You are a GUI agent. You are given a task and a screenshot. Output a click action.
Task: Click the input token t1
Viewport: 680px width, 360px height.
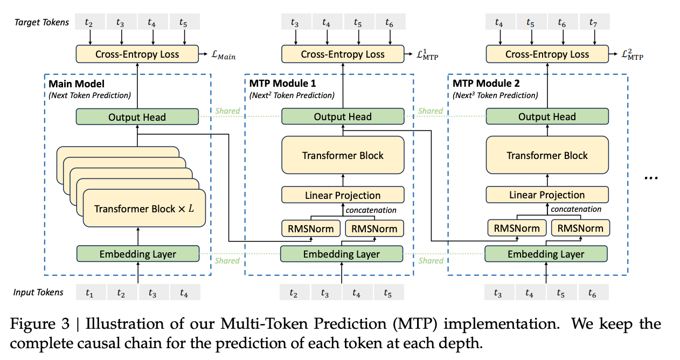pyautogui.click(x=89, y=293)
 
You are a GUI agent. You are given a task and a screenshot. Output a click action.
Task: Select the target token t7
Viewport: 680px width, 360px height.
pyautogui.click(x=594, y=22)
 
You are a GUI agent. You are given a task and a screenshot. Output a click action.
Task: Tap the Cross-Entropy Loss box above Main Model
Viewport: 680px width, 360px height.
pyautogui.click(x=137, y=54)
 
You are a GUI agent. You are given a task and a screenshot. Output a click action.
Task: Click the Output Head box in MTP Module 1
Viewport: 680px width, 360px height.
pyautogui.click(x=342, y=117)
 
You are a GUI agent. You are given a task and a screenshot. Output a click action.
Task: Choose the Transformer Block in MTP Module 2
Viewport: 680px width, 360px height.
pyautogui.click(x=547, y=155)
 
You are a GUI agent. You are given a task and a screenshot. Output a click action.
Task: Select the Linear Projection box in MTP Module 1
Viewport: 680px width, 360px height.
pyautogui.click(x=342, y=195)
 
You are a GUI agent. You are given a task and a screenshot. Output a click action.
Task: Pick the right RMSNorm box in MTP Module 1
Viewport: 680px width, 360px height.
pyautogui.click(x=374, y=228)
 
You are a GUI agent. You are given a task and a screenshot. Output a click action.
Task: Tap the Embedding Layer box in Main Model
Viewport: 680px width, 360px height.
pyautogui.click(x=137, y=254)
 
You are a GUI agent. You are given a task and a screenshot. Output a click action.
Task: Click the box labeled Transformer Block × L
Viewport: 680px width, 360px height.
pyautogui.click(x=144, y=209)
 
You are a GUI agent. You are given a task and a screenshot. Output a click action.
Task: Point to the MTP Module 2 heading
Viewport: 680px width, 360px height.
pyautogui.click(x=487, y=84)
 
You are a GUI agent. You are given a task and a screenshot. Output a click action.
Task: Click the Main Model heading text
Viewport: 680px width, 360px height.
pyautogui.click(x=76, y=84)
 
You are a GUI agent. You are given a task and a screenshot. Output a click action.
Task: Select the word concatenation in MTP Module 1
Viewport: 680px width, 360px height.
pyautogui.click(x=371, y=210)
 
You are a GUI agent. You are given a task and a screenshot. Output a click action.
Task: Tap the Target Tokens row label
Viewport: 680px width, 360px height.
pyautogui.click(x=42, y=22)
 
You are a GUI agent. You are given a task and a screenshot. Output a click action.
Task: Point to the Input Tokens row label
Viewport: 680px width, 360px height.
pyautogui.click(x=38, y=293)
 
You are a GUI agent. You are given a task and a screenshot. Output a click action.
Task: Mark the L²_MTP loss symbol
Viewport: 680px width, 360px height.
pyautogui.click(x=631, y=55)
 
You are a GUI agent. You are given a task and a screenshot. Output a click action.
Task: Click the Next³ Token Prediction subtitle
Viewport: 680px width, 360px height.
pyautogui.click(x=495, y=95)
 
